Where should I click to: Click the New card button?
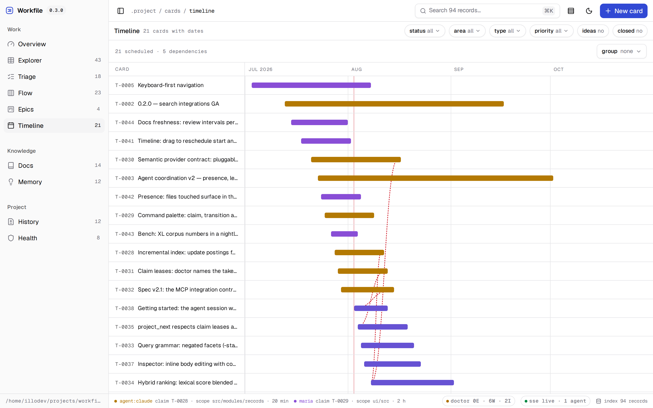(623, 11)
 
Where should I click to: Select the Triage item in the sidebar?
(54, 77)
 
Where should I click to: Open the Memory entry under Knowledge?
(54, 182)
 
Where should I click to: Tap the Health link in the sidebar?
(54, 238)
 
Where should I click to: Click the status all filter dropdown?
(424, 31)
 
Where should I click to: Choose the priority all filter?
(551, 31)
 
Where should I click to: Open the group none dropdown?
(621, 51)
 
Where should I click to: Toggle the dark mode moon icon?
(589, 11)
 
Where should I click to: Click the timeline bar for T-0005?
(311, 85)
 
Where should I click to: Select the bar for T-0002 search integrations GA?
(394, 104)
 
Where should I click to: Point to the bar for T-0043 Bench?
(344, 234)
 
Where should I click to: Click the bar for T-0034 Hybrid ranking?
(412, 383)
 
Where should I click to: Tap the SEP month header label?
(459, 69)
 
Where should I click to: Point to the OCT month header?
(558, 69)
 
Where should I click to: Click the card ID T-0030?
(124, 160)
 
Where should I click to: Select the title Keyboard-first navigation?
(171, 85)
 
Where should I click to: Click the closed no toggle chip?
(630, 31)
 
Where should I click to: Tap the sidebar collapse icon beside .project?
(121, 11)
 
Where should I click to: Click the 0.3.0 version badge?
(56, 10)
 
